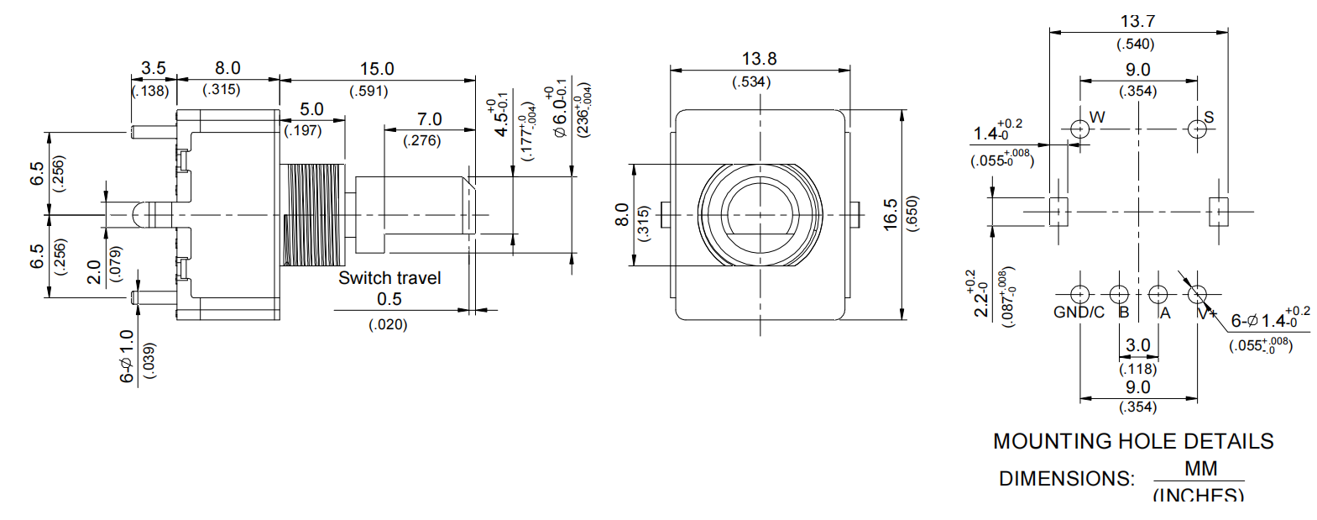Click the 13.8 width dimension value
[759, 60]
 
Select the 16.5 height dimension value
[891, 214]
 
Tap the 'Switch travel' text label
[389, 278]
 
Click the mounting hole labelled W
[1079, 129]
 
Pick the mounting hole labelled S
[1197, 129]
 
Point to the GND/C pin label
[1079, 313]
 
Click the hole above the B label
[1119, 294]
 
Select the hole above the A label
[1158, 294]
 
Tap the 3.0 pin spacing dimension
[1138, 345]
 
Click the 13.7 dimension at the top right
[1137, 22]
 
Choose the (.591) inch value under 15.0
[368, 91]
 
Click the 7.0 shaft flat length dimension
[429, 119]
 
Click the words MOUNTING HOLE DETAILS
[1133, 442]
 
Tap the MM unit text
[1200, 469]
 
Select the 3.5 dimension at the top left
[154, 68]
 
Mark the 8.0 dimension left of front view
[622, 214]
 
